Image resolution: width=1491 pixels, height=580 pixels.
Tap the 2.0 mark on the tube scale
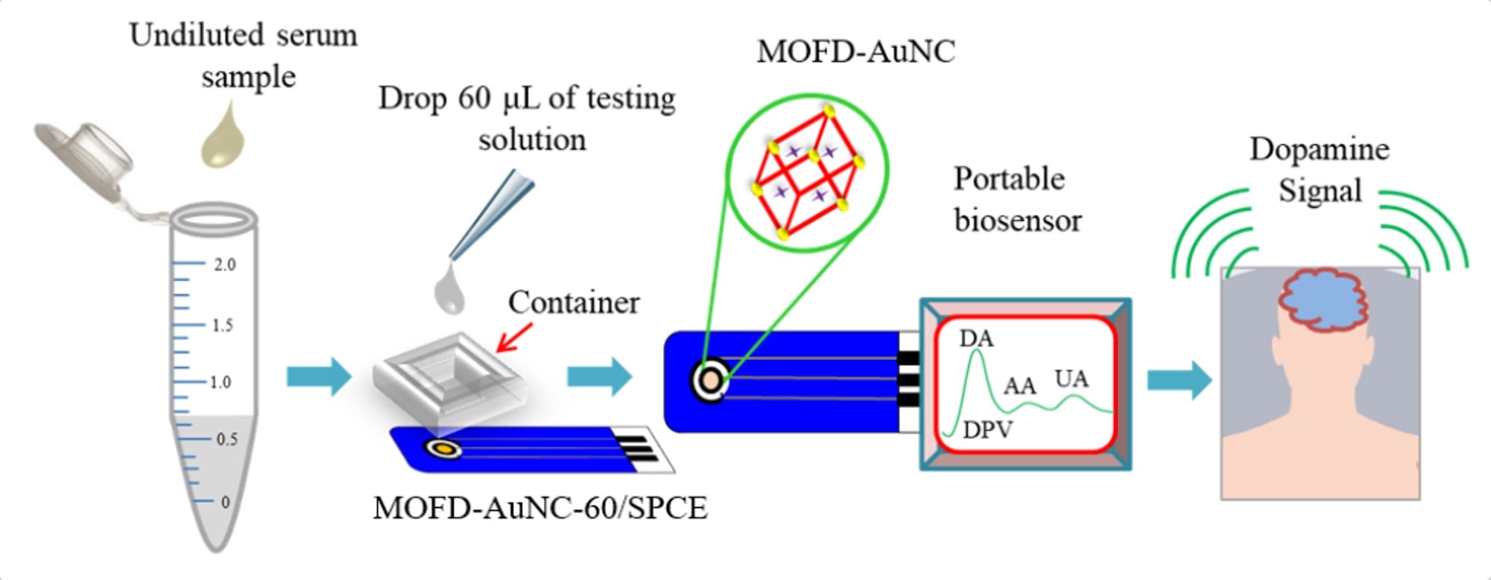pyautogui.click(x=224, y=265)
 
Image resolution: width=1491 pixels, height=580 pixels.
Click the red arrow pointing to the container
pyautogui.click(x=514, y=337)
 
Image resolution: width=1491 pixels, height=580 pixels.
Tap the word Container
pyautogui.click(x=574, y=303)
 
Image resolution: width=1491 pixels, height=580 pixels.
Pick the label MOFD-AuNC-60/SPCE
pyautogui.click(x=540, y=508)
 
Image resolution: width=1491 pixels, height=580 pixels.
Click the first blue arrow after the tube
pyautogui.click(x=319, y=376)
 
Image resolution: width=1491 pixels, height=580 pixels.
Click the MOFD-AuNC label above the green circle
pyautogui.click(x=855, y=52)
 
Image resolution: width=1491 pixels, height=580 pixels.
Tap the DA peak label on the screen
pyautogui.click(x=976, y=339)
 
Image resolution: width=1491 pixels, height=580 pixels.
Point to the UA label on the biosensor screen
pyautogui.click(x=1071, y=379)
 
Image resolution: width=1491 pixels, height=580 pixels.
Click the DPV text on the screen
pyautogui.click(x=987, y=430)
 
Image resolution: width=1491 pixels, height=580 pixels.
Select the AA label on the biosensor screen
pyautogui.click(x=1019, y=386)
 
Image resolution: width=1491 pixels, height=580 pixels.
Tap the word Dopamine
pyautogui.click(x=1320, y=150)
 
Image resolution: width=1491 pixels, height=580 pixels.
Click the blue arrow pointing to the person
pyautogui.click(x=1179, y=379)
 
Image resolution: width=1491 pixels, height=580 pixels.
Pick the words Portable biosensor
pyautogui.click(x=1017, y=200)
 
